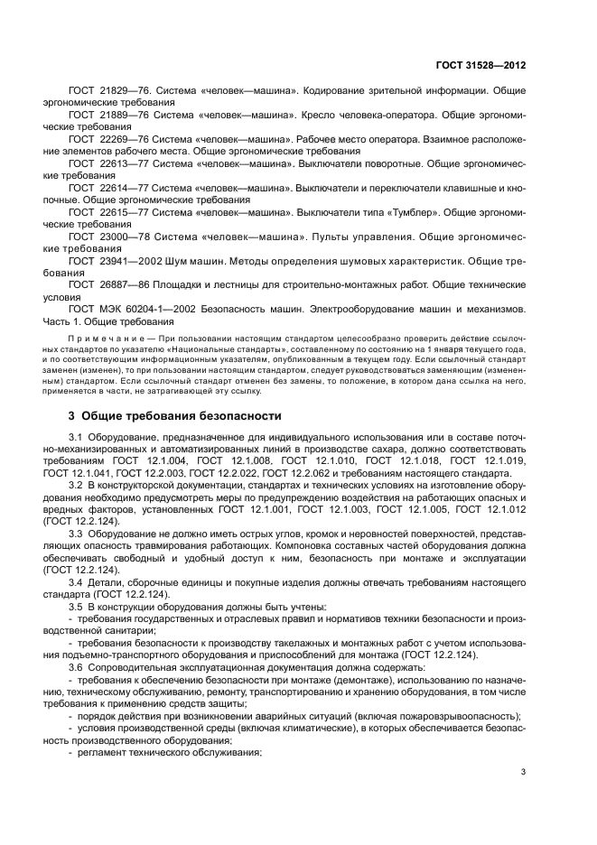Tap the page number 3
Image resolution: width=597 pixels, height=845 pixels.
coord(524,772)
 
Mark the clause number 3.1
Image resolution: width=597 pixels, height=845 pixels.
coord(77,438)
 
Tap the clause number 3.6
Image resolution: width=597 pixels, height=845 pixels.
coord(77,664)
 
